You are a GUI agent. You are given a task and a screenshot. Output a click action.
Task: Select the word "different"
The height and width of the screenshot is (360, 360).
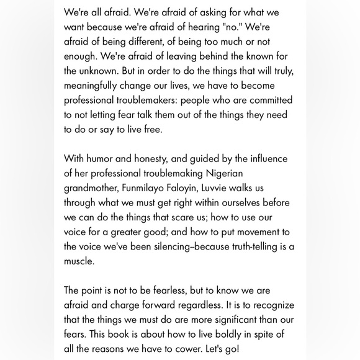click(x=158, y=43)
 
